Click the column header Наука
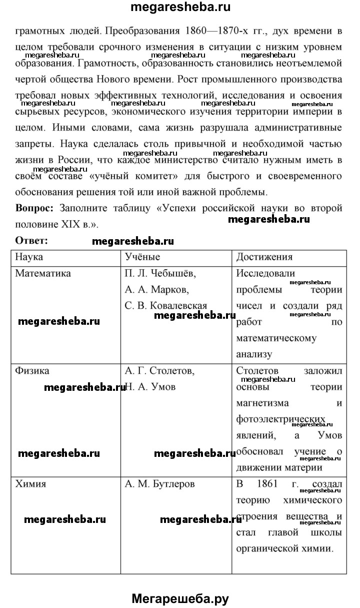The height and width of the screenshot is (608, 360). click(x=29, y=257)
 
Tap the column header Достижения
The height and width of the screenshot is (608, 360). click(x=264, y=257)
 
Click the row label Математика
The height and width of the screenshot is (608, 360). click(x=43, y=273)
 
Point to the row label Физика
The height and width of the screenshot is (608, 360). click(x=32, y=371)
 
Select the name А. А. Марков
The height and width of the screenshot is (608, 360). click(x=156, y=289)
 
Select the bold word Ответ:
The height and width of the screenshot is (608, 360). click(x=31, y=240)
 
